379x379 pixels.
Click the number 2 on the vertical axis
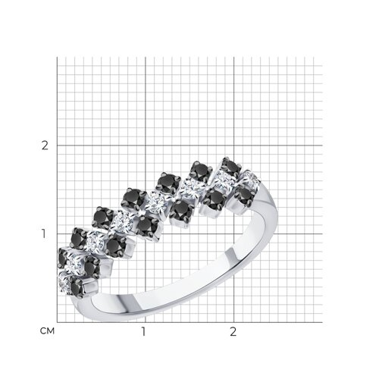tap(45, 146)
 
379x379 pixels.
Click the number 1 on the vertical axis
tap(44, 234)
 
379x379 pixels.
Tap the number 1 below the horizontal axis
tap(143, 332)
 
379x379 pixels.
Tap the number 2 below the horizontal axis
tap(233, 332)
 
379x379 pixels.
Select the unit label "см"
tap(47, 331)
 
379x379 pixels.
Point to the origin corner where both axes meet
tap(57, 322)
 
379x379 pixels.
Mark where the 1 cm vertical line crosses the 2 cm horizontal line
tap(146, 146)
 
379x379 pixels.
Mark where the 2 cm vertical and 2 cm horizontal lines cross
tap(234, 146)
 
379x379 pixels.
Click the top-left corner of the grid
tap(57, 57)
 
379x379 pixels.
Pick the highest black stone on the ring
tap(231, 165)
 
